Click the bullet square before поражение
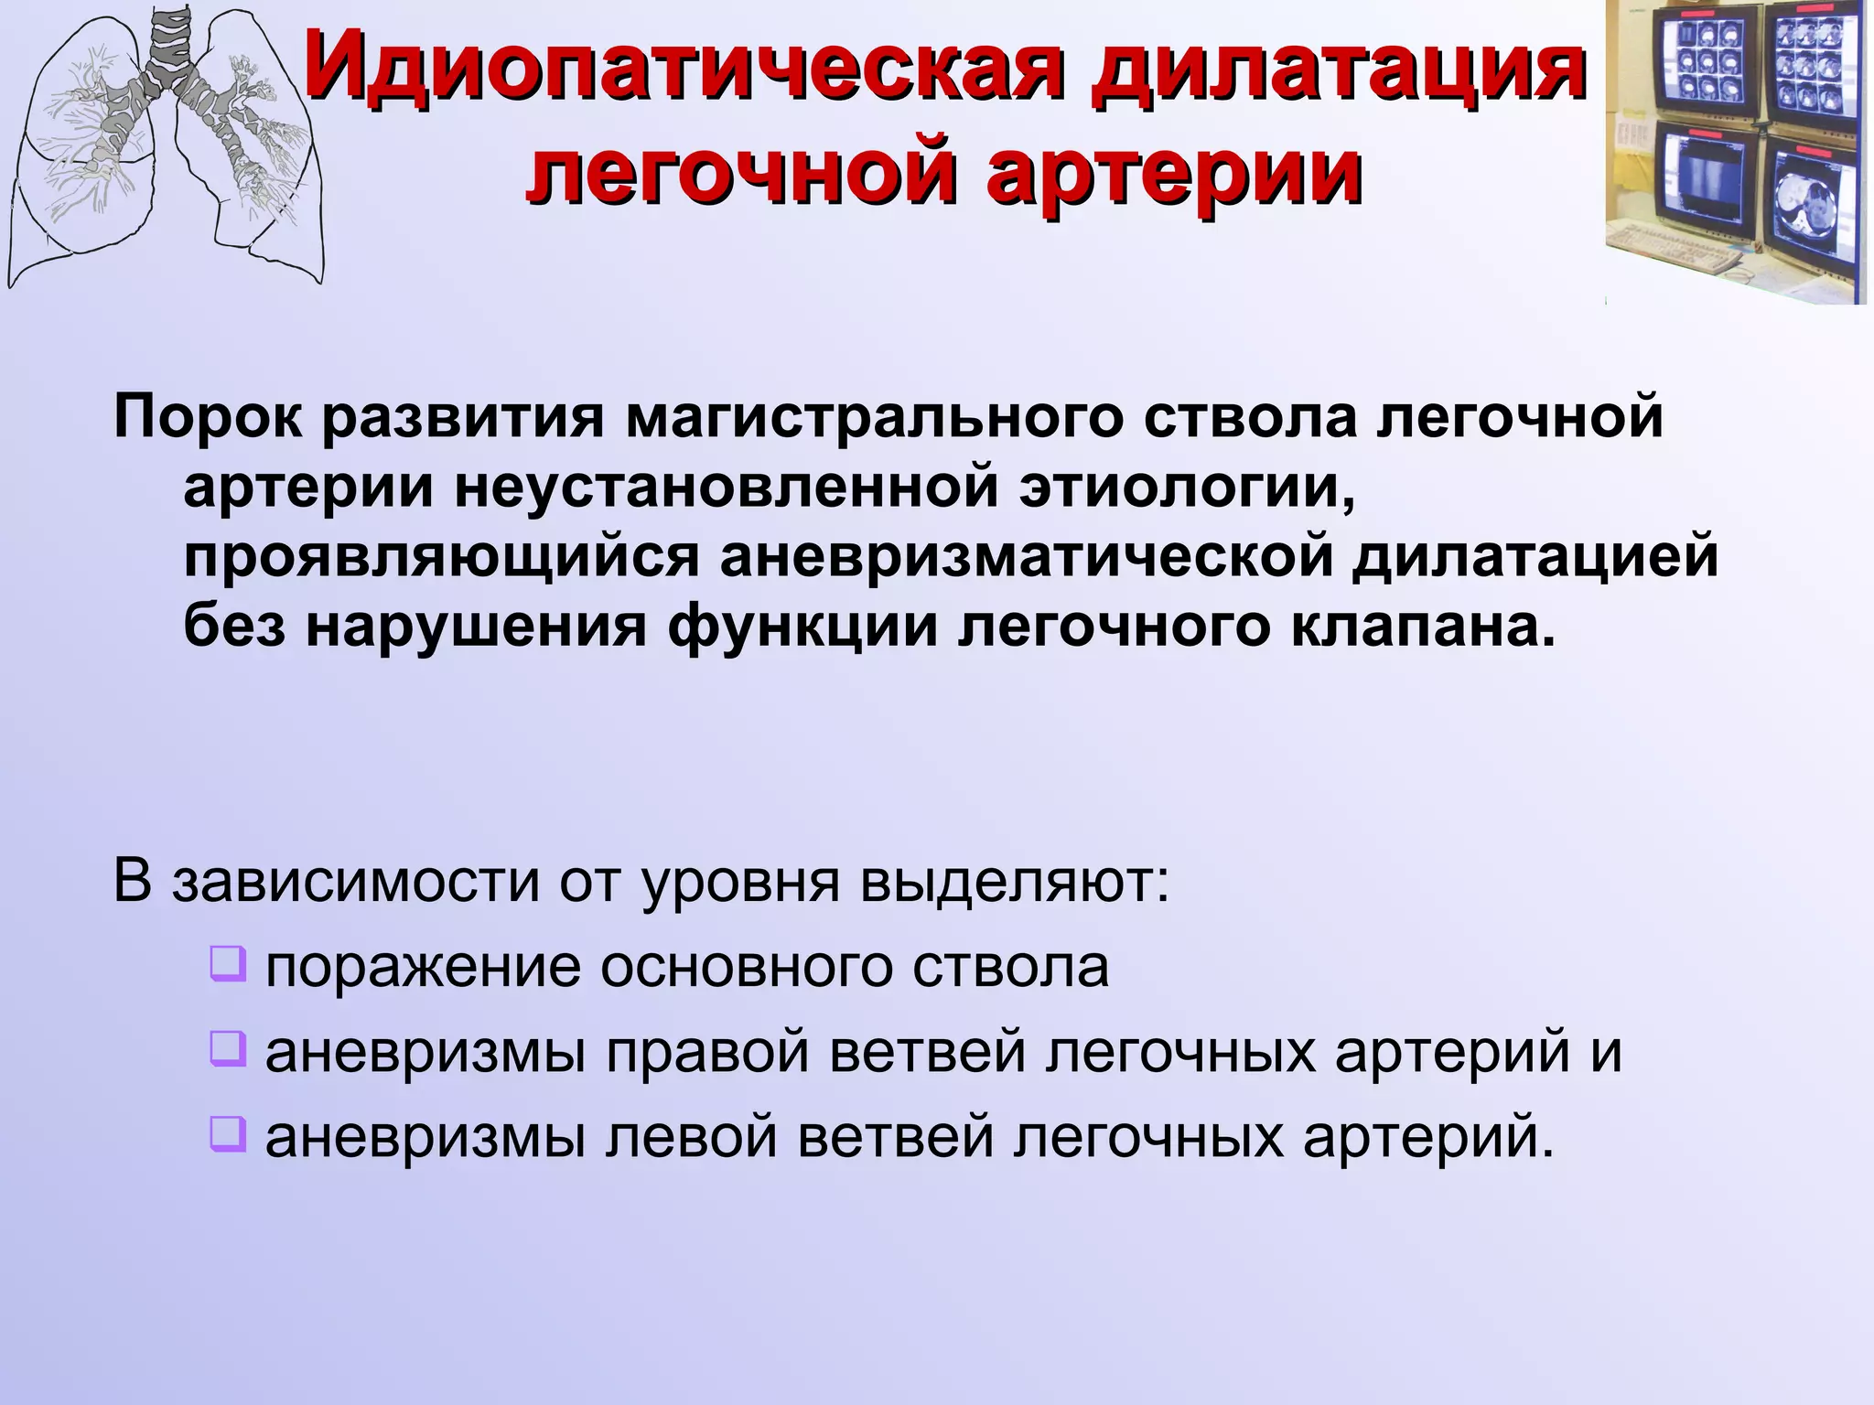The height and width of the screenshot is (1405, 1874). (x=228, y=964)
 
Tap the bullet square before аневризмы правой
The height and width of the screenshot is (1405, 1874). (x=228, y=1048)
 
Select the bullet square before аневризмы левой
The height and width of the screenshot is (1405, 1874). (x=228, y=1133)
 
